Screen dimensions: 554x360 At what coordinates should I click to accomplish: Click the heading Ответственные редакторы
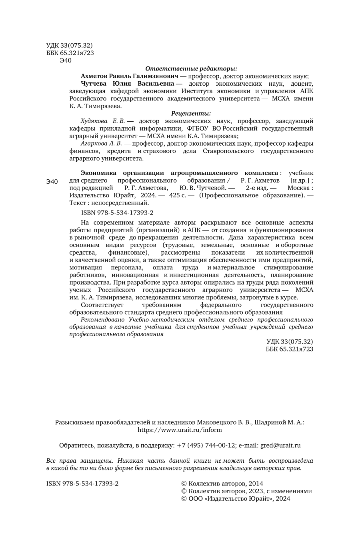pos(191,68)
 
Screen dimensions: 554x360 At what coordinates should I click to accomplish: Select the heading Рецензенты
pos(191,114)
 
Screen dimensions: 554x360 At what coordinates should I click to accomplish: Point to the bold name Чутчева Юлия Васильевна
pos(127,84)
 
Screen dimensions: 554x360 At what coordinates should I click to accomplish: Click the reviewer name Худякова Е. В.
pos(103,121)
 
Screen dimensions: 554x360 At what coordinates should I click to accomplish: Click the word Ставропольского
pos(228,151)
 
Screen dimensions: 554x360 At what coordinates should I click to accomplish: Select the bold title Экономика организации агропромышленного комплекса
pos(179,173)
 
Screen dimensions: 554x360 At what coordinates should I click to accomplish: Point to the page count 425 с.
pos(178,195)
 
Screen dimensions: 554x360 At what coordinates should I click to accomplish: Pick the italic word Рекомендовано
pos(103,319)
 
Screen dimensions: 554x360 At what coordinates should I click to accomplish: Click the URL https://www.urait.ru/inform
pos(180,430)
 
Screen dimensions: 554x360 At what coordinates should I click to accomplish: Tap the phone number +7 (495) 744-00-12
pos(206,445)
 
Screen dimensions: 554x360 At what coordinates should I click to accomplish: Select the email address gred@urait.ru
pos(280,445)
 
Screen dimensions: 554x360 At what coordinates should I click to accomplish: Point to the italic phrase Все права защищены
pos(77,460)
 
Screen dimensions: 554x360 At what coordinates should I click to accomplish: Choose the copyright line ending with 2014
pos(222,484)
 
